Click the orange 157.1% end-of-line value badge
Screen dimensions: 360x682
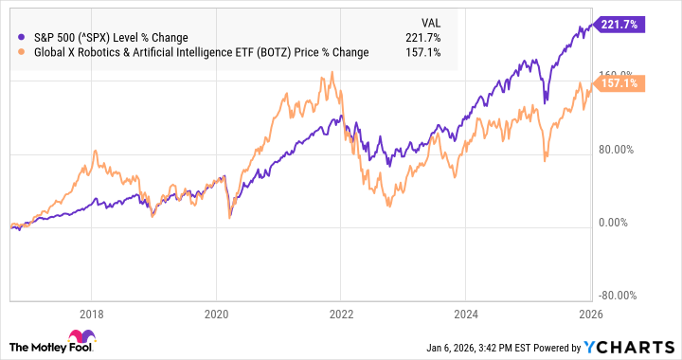coord(619,83)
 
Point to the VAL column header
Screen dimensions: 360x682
coord(431,21)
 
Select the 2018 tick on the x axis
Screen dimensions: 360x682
coord(92,314)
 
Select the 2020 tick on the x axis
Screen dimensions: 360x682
coord(217,314)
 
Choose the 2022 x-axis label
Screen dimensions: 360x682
coord(341,314)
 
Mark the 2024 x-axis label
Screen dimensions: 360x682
coord(466,314)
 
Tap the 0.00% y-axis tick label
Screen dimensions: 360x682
coord(617,223)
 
